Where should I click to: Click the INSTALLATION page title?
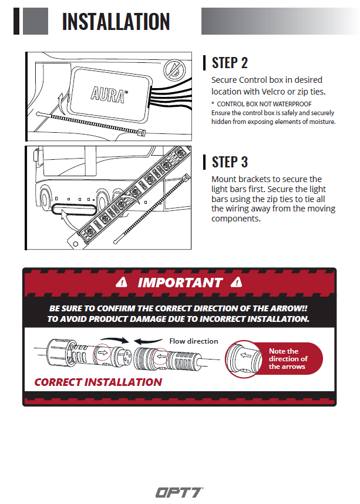(x=116, y=21)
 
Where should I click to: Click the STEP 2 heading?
(x=230, y=63)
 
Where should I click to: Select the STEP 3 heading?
(x=230, y=162)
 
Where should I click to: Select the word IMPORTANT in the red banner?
(x=180, y=283)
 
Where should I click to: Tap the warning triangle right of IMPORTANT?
(x=237, y=282)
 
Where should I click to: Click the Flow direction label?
(x=193, y=341)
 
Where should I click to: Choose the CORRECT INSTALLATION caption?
(x=98, y=382)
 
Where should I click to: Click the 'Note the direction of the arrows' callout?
(x=288, y=359)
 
